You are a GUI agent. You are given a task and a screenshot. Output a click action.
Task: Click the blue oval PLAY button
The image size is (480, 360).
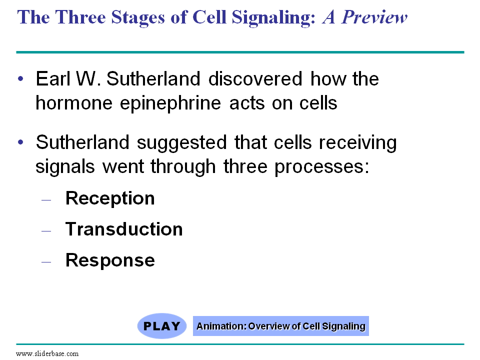162,325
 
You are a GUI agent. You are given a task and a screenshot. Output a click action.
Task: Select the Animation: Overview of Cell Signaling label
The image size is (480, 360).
280,326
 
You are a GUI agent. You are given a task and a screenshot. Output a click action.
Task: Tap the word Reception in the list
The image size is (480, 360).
110,198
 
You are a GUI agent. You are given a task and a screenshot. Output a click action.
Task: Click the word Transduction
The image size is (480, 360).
124,229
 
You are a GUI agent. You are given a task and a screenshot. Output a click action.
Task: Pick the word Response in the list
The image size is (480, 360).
110,260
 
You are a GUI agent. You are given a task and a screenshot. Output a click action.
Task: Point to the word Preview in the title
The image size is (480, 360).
374,17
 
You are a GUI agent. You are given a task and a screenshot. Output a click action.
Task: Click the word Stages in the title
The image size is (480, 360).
138,17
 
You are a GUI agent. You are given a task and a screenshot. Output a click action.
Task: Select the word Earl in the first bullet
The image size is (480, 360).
53,78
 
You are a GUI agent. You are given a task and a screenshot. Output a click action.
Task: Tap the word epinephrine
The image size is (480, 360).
170,103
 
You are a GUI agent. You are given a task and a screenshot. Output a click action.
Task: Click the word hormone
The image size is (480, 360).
74,103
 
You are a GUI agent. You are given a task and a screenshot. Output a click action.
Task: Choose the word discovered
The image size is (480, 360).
255,78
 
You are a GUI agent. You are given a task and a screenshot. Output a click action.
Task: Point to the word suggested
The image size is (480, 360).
182,143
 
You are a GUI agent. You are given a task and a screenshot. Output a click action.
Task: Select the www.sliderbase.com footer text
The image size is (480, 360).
47,353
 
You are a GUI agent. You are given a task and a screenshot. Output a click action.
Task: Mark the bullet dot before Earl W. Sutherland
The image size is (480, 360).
20,78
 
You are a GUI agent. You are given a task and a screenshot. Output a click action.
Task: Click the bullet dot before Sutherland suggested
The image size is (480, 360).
20,142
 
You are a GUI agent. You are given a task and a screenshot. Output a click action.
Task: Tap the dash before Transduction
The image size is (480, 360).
46,231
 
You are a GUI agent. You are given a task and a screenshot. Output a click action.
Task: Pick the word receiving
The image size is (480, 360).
358,143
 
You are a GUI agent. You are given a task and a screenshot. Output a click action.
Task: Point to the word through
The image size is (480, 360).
183,167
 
